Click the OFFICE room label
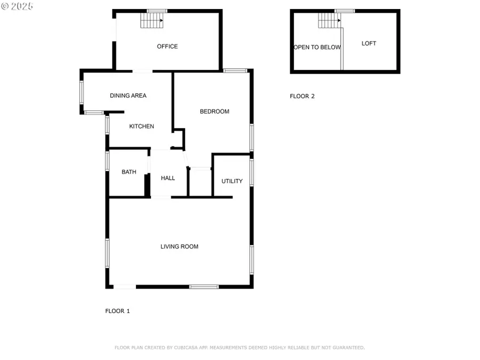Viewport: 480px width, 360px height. (x=167, y=46)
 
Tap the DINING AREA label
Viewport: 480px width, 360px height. (x=128, y=95)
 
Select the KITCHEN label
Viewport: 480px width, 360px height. (x=141, y=126)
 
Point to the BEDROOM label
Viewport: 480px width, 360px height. (x=214, y=111)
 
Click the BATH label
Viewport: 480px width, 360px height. (x=129, y=172)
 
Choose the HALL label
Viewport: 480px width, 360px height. (x=168, y=178)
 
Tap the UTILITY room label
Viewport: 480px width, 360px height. (x=232, y=181)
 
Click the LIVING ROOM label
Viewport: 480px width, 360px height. (x=179, y=246)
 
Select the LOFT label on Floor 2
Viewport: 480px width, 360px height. (x=369, y=43)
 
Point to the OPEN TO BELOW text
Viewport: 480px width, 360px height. (x=317, y=47)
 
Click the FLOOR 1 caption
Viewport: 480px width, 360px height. (x=117, y=311)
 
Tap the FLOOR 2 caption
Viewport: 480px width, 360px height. (x=302, y=97)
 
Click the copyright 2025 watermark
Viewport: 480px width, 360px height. (x=17, y=6)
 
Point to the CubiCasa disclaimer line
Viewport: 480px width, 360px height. (x=239, y=348)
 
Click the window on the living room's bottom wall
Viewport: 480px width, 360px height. (x=204, y=287)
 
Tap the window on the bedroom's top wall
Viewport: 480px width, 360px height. (x=235, y=70)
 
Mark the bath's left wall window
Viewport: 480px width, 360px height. (x=107, y=161)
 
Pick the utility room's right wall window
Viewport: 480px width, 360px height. (x=252, y=172)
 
